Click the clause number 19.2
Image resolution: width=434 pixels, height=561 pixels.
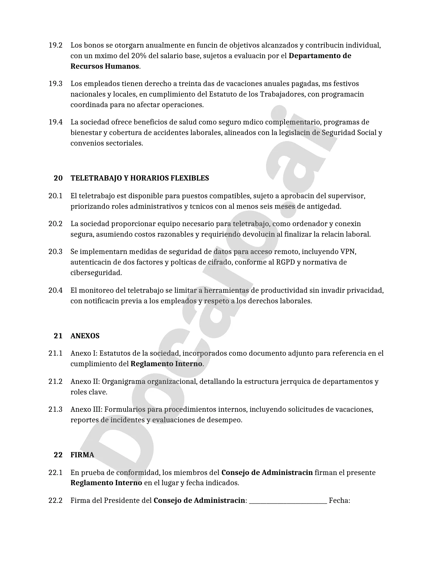pos(55,45)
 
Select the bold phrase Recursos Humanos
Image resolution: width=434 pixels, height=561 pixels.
pos(105,66)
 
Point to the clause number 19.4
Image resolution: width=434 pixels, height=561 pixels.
pos(55,122)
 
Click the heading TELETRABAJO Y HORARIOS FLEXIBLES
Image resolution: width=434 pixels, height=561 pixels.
pos(140,178)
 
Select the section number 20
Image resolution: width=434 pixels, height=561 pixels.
pos(58,178)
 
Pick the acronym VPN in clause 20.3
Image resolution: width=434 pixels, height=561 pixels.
pos(348,252)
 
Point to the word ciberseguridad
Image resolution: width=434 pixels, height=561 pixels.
pos(96,273)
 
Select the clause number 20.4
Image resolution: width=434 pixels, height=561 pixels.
pos(55,290)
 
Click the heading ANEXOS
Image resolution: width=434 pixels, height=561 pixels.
pos(85,336)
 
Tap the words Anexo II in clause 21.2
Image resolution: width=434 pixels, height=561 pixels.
pos(84,381)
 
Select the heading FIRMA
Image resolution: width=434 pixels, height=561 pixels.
pos(82,455)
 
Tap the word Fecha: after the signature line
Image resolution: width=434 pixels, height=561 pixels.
pos(339,500)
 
